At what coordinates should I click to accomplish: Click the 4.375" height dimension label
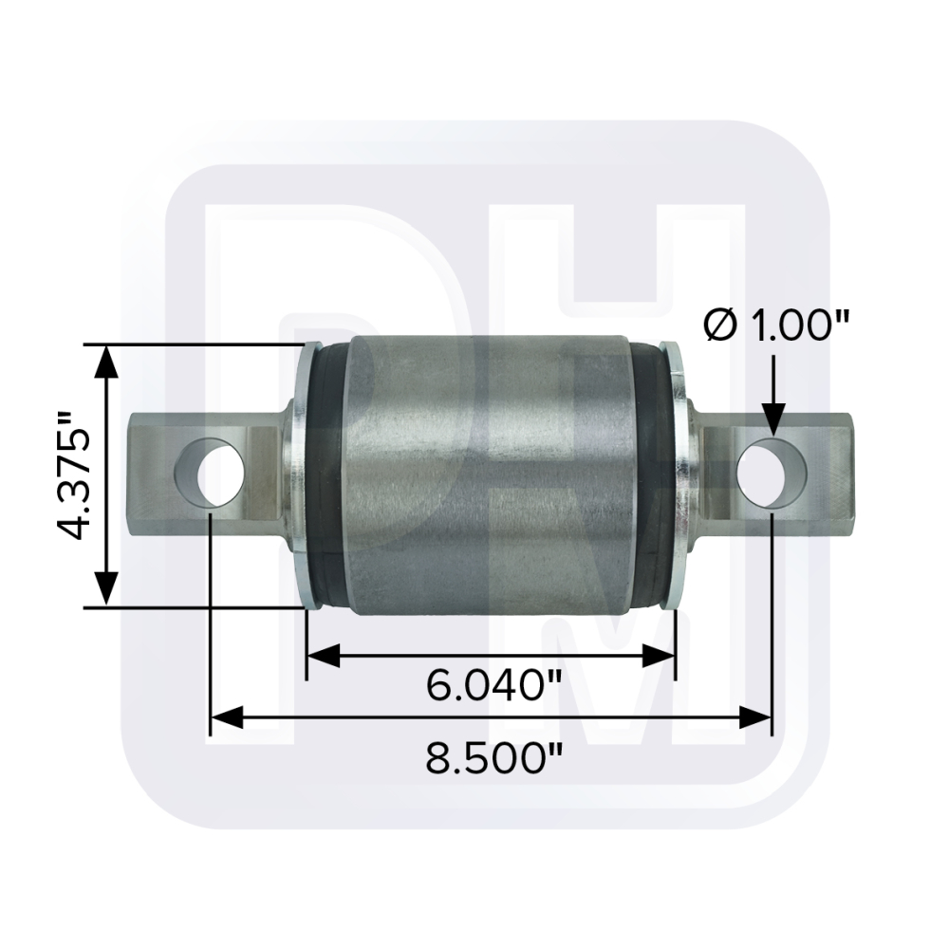72,474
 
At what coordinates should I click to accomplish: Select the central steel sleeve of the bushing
489,474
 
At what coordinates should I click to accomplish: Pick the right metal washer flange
676,474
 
